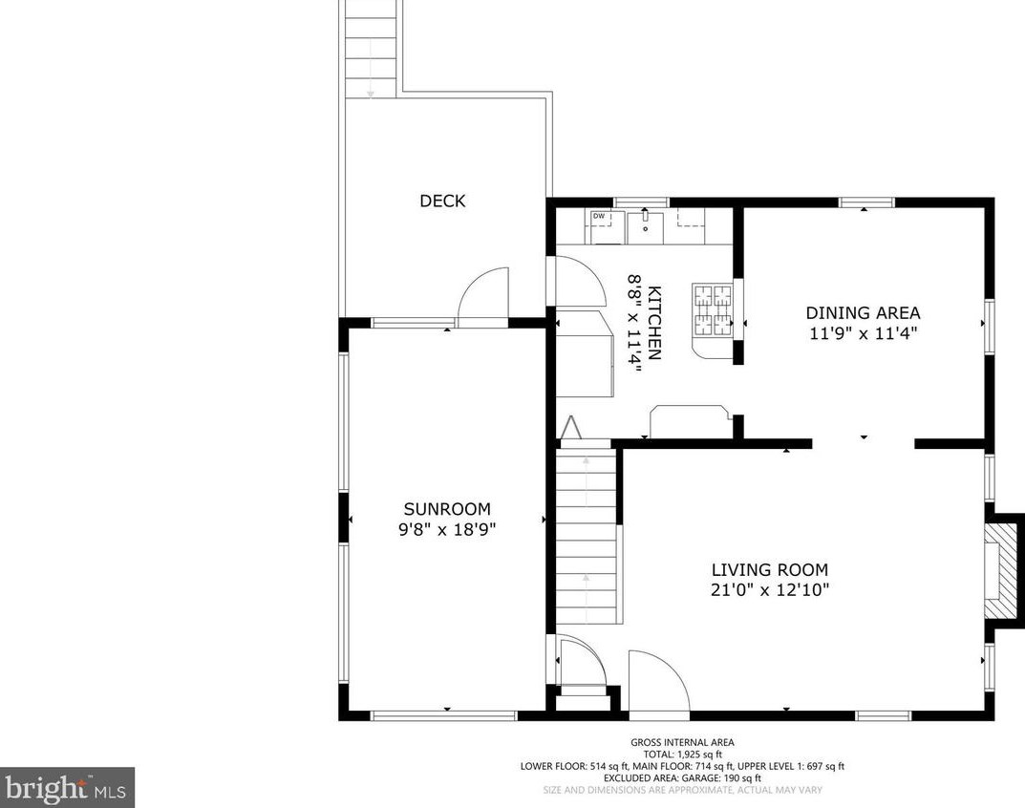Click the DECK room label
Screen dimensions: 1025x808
[442, 201]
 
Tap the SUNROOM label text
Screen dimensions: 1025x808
[447, 509]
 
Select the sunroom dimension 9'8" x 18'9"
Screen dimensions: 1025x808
[447, 529]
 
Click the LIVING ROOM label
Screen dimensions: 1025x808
[769, 569]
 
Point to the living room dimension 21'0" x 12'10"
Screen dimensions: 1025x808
[769, 589]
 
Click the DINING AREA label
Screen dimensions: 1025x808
[863, 312]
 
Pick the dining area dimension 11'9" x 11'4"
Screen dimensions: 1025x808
[863, 333]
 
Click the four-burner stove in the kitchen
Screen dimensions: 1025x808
[713, 309]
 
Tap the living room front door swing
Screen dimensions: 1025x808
[659, 680]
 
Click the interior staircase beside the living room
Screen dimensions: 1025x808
[587, 532]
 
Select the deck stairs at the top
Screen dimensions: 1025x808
[371, 49]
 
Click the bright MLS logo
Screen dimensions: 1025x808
[67, 788]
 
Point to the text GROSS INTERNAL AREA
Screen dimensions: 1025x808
[682, 742]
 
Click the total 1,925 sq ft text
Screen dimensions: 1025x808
[682, 754]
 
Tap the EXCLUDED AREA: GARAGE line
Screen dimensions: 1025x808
[682, 778]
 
